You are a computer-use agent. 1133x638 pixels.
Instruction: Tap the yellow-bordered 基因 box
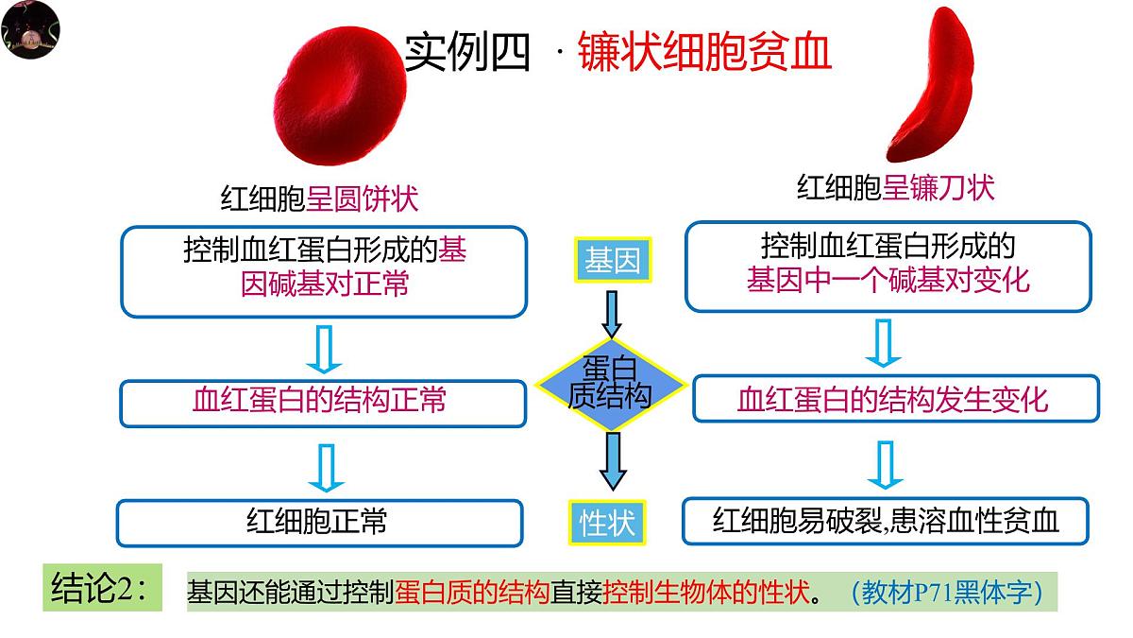pos(613,261)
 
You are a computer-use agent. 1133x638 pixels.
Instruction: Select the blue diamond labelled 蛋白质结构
pos(611,383)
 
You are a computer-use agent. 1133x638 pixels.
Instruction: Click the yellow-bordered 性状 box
pos(607,522)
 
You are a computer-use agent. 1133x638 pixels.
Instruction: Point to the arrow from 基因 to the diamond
pos(612,314)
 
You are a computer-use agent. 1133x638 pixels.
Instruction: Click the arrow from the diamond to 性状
pos(612,460)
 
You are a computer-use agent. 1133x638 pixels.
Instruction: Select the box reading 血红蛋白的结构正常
pos(322,402)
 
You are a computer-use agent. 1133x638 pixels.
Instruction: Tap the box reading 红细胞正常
pos(319,522)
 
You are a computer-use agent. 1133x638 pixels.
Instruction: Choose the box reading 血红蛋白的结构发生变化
pos(895,398)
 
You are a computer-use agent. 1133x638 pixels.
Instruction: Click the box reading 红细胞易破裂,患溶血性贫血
pos(886,521)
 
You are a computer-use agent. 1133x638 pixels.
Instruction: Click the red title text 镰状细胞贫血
pos(703,52)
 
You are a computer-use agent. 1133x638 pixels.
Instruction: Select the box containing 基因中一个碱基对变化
pos(888,266)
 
